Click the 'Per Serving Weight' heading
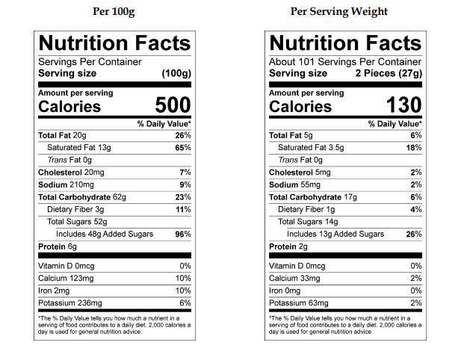(338, 12)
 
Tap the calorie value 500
(173, 105)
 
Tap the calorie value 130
(404, 105)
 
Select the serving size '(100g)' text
(176, 73)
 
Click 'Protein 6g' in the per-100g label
(57, 246)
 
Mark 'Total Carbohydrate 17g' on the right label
(314, 197)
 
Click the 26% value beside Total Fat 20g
(182, 135)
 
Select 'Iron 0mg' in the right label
(287, 291)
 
